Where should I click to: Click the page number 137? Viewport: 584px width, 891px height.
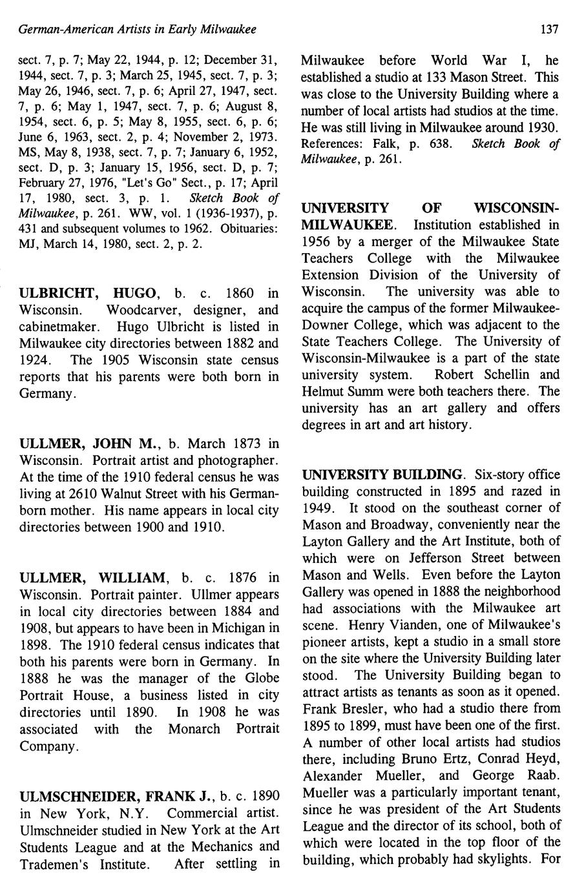click(x=550, y=30)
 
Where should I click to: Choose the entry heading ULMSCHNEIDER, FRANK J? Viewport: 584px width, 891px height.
click(x=114, y=795)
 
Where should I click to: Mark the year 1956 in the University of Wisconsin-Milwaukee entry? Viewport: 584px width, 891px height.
click(x=316, y=241)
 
